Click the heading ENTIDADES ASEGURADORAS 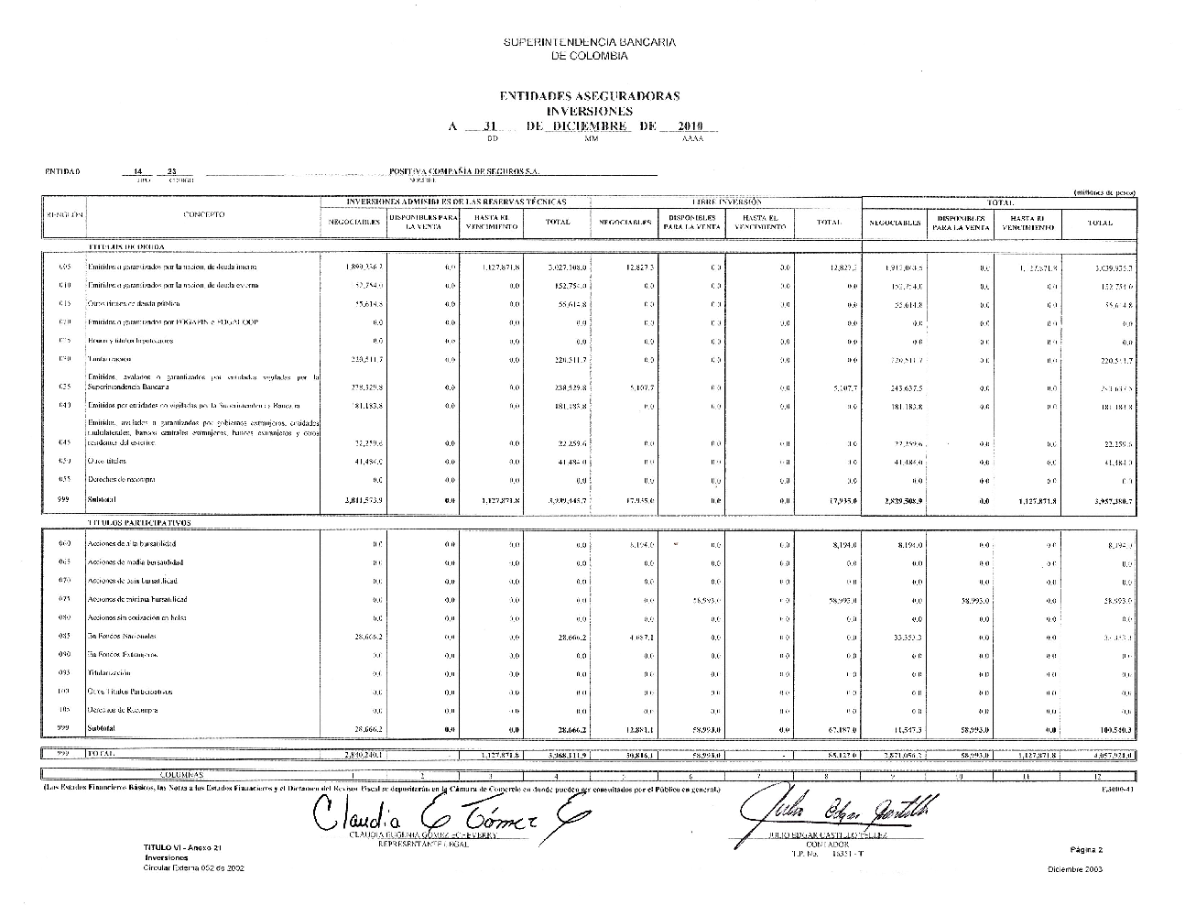point(589,96)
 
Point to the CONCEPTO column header point(203,215)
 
